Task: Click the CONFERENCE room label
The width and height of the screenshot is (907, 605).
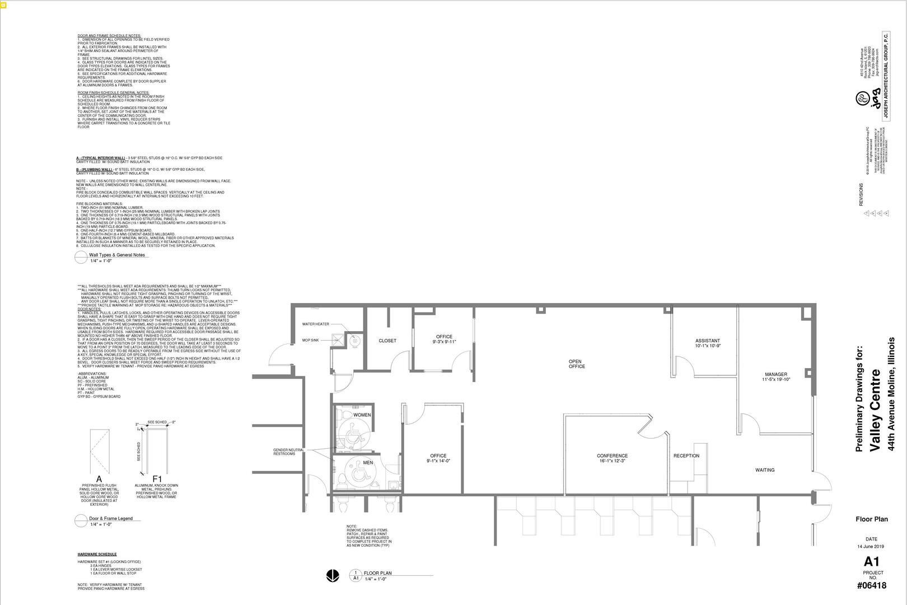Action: coord(612,456)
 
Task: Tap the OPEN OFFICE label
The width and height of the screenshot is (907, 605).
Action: coord(577,364)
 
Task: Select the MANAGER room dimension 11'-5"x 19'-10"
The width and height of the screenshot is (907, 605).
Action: coord(775,379)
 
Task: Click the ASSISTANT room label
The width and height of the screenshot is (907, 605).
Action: coord(707,341)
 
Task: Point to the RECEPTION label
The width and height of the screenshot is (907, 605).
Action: coord(686,455)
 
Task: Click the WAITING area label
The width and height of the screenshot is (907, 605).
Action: coord(765,470)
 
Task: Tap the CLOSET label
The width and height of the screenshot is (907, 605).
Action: coord(387,341)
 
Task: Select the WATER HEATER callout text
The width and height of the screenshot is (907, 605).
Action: coord(316,324)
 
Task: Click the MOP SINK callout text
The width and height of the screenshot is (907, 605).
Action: coord(310,340)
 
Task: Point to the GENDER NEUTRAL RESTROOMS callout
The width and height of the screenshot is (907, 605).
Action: coord(288,452)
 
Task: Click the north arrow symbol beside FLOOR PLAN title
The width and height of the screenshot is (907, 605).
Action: coord(332,575)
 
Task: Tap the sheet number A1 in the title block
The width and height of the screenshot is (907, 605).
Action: coord(872,561)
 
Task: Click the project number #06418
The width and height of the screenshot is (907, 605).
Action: coord(872,586)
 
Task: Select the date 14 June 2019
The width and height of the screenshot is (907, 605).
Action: coord(871,546)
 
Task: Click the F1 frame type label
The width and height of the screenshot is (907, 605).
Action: coord(157,479)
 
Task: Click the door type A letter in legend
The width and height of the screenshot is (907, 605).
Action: coord(99,479)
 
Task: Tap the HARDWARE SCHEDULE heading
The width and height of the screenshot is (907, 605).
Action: coord(97,554)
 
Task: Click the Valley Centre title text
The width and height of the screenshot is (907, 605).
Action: coord(876,409)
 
